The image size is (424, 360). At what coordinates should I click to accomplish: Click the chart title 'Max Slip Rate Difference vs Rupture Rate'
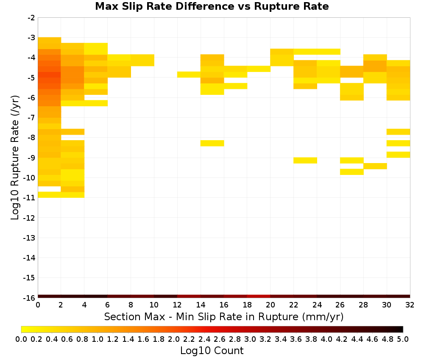212,6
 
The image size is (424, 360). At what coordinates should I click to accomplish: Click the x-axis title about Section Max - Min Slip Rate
223,316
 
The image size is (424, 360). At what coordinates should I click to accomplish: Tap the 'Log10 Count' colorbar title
212,351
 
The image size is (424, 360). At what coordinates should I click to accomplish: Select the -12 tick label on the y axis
29,218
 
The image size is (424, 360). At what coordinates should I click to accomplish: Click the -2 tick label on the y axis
31,18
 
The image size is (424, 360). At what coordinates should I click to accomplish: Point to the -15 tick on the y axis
29,278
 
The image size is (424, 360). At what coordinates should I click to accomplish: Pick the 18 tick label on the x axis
247,305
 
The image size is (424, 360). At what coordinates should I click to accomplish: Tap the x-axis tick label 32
410,305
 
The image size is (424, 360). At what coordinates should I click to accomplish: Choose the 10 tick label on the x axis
154,305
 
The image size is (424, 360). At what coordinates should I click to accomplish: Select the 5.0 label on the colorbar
403,339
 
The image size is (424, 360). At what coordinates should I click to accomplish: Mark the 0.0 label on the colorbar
21,339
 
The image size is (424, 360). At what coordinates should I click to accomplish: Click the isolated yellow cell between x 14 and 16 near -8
212,143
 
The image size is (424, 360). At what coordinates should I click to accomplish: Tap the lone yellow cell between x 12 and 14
189,75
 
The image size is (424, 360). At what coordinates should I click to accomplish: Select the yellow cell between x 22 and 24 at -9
305,161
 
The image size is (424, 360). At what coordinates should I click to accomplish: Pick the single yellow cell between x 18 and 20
259,69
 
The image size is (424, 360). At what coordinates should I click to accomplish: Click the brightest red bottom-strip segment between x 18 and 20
259,296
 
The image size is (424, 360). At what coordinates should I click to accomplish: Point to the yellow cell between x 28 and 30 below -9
375,166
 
